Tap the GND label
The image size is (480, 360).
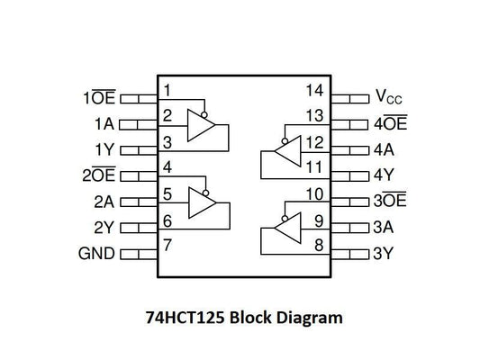pyautogui.click(x=97, y=254)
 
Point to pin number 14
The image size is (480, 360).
pyautogui.click(x=313, y=90)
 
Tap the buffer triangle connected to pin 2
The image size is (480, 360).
pyautogui.click(x=201, y=125)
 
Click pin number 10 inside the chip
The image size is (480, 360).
pyautogui.click(x=313, y=193)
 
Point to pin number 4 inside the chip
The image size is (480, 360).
pyautogui.click(x=167, y=167)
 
